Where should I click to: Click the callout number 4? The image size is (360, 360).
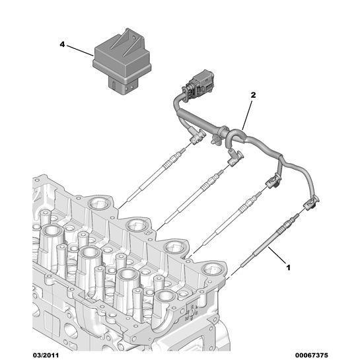(x=62, y=44)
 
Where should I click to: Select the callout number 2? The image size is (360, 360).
(x=253, y=95)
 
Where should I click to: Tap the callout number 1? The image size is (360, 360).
(x=288, y=268)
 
